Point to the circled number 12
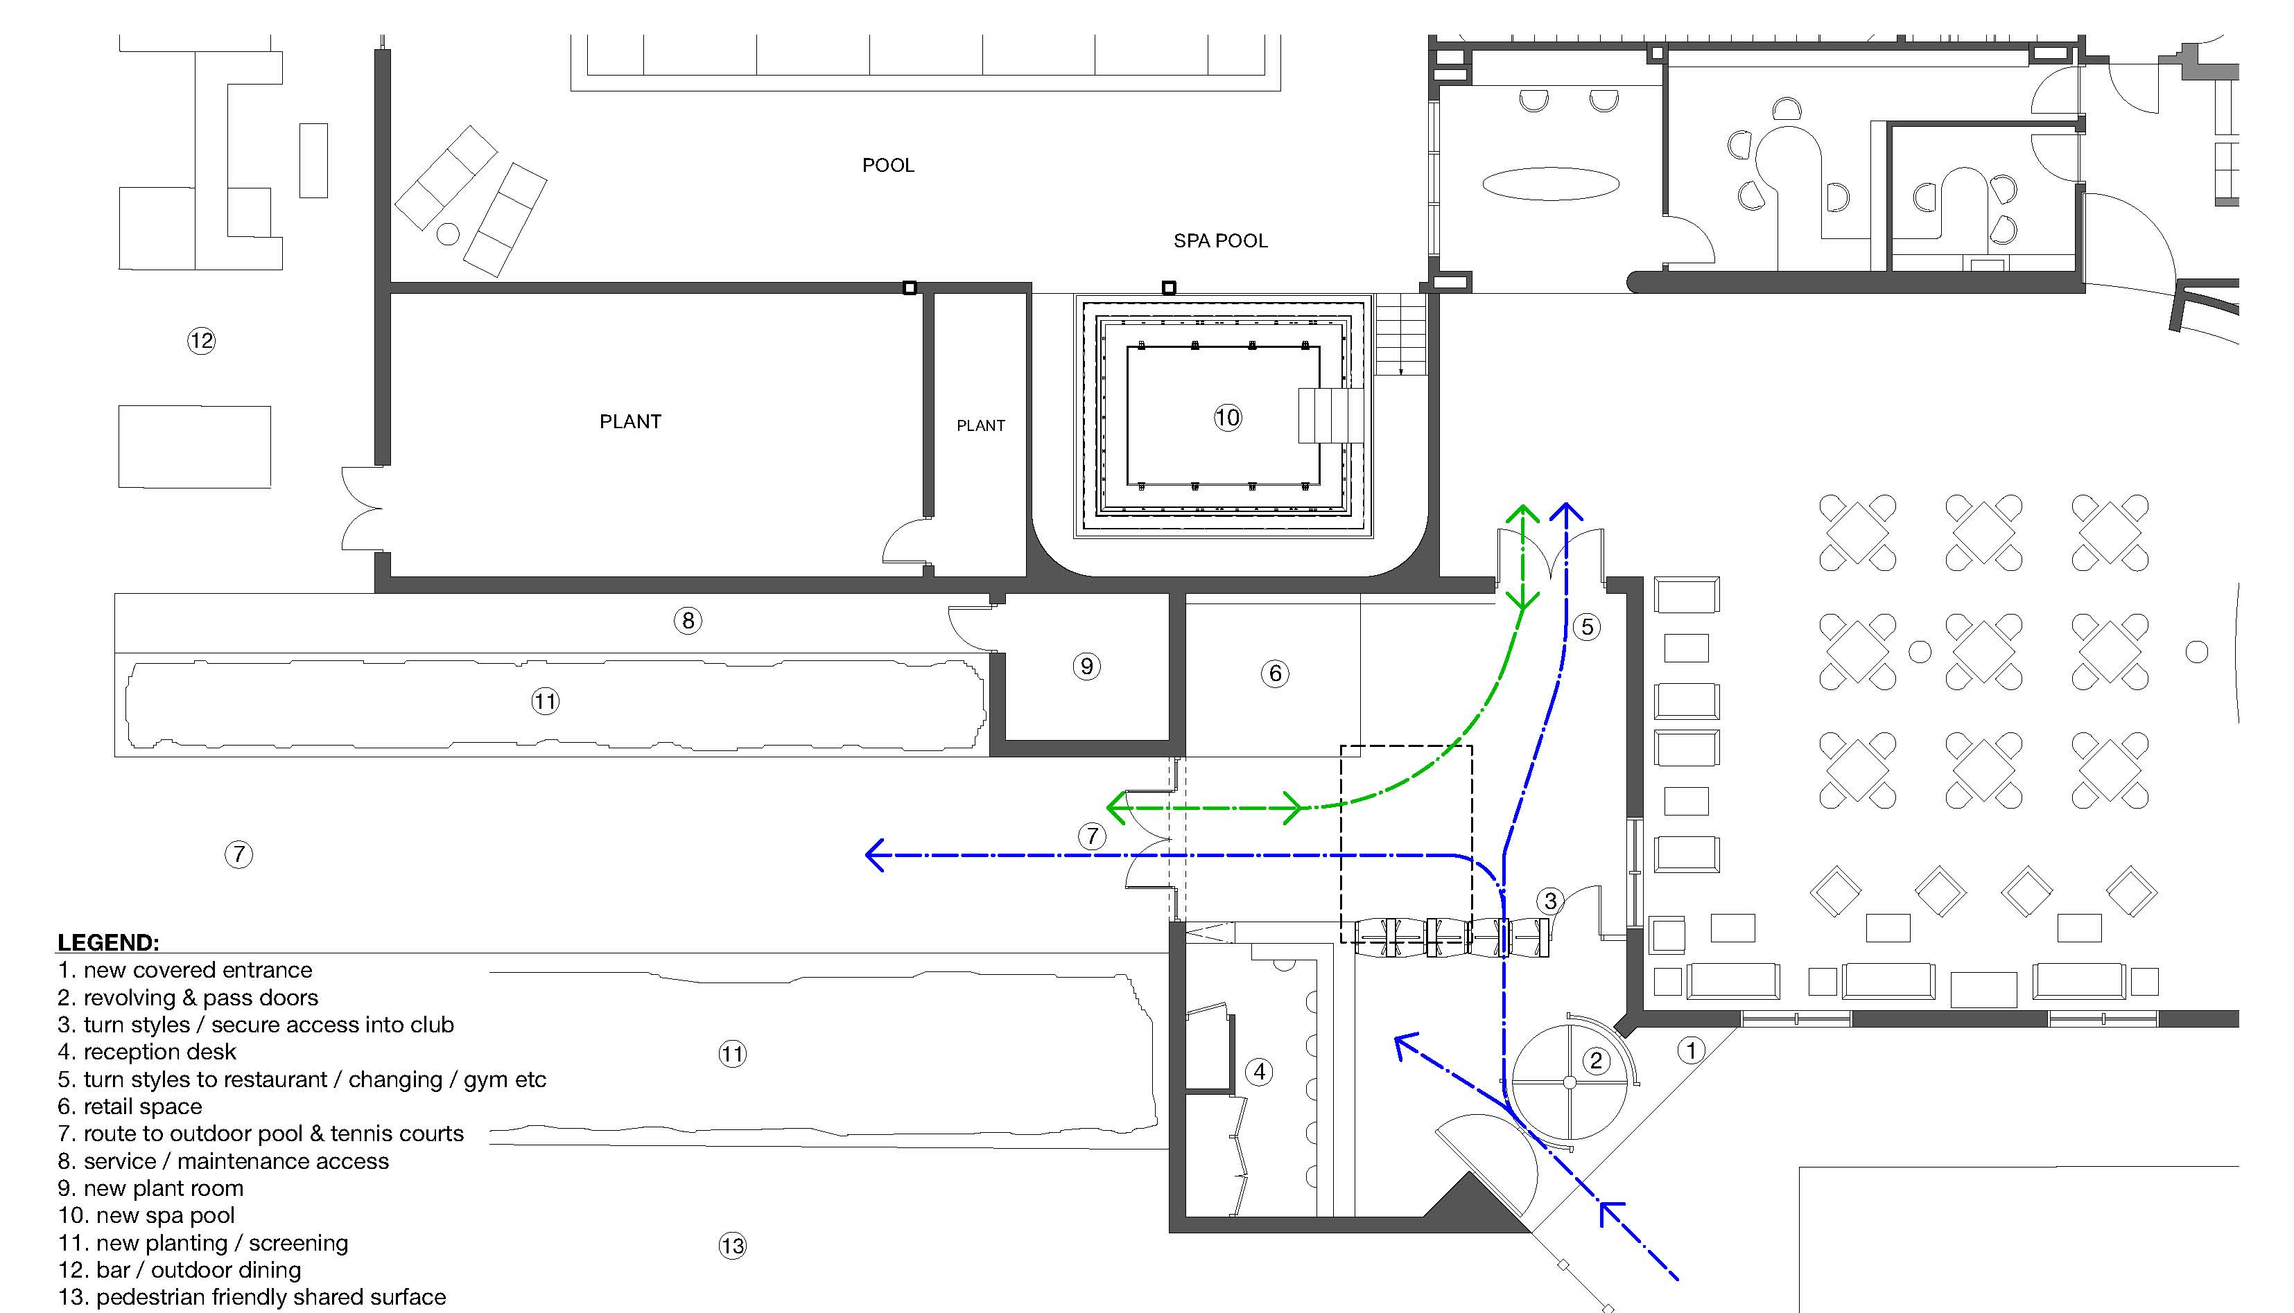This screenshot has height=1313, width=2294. tap(201, 341)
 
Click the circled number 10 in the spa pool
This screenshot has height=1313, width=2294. tap(1227, 418)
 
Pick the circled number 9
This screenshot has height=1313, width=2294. tap(1086, 667)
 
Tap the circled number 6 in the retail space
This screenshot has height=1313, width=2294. tap(1275, 673)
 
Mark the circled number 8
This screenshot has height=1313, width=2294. tap(688, 620)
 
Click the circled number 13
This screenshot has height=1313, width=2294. tap(733, 1246)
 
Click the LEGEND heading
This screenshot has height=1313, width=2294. tap(108, 942)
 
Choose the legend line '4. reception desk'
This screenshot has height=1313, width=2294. tap(147, 1052)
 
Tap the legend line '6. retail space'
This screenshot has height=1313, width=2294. tap(130, 1107)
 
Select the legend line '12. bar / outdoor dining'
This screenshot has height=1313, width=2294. tap(180, 1270)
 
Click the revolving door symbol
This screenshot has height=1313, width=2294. tap(1570, 1082)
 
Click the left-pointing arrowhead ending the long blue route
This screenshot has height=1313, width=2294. tap(874, 855)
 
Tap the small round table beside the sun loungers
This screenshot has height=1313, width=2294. tap(447, 234)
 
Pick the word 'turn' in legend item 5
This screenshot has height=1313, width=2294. tap(105, 1080)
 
